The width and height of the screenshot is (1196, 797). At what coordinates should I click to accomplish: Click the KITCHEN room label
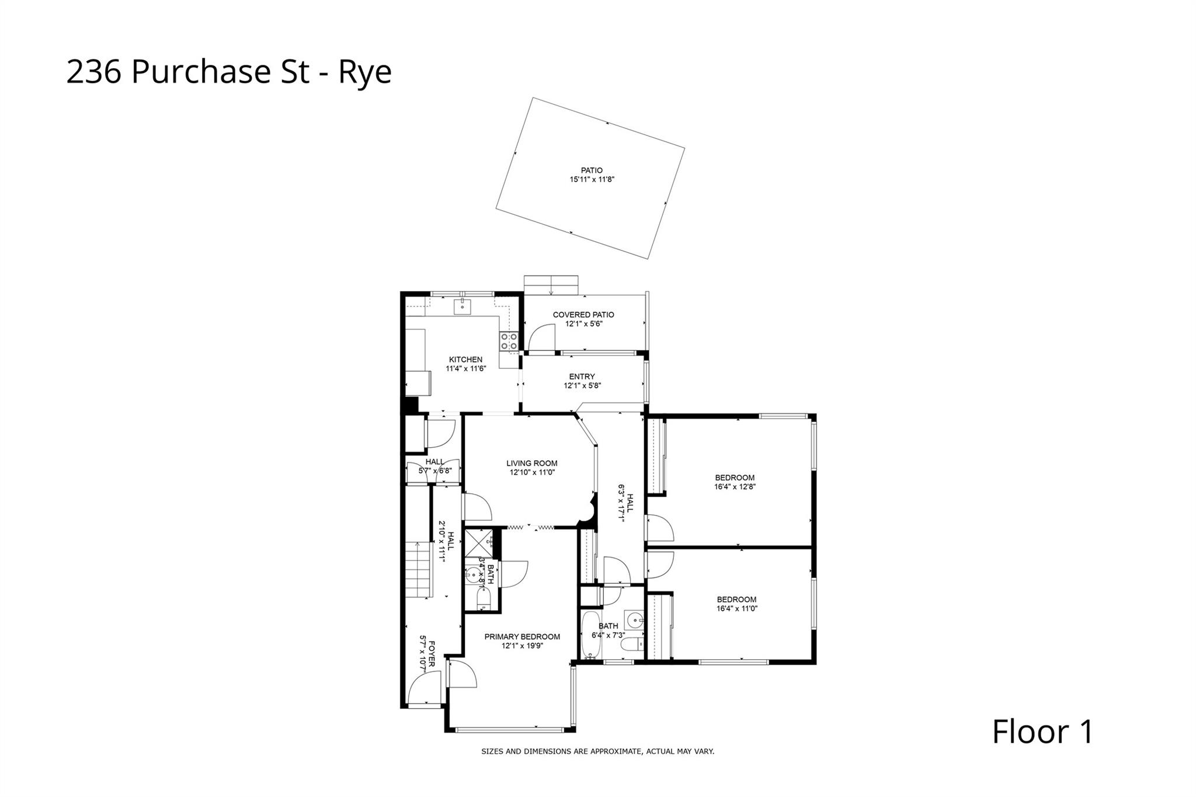465,360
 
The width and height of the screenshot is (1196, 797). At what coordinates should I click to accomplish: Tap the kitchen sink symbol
462,305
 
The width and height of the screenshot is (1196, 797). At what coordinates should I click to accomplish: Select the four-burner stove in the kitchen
509,342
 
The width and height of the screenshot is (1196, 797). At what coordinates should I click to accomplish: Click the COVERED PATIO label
583,315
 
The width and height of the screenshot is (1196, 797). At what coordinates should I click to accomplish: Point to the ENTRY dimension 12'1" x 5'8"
582,386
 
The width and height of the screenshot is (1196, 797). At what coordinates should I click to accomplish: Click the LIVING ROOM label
531,464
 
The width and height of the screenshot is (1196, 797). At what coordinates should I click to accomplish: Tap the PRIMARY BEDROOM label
522,637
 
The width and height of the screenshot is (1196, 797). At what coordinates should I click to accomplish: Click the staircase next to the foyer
419,569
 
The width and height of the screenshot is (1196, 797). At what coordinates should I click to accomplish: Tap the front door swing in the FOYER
425,689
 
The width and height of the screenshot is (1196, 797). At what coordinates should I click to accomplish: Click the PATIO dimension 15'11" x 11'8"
592,180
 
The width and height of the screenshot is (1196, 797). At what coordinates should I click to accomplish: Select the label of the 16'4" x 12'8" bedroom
735,478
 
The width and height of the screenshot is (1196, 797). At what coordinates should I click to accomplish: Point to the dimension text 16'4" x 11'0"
736,608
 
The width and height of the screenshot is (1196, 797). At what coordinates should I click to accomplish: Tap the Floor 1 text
1042,732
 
